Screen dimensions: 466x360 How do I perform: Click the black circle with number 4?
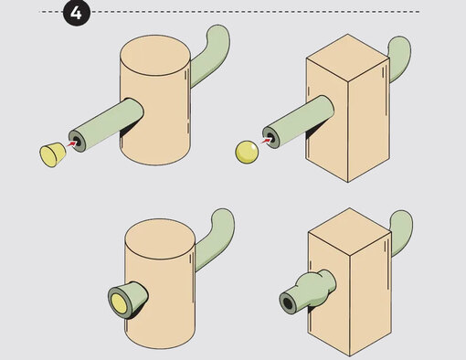tap(77, 13)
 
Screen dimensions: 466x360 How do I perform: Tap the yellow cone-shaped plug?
tap(53, 154)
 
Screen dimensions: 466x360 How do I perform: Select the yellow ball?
tap(247, 152)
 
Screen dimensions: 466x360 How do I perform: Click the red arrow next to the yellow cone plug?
tap(72, 143)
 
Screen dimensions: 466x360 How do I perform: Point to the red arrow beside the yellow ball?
tap(266, 141)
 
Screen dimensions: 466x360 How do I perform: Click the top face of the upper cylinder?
tap(155, 55)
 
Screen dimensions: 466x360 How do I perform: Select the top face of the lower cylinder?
tap(160, 239)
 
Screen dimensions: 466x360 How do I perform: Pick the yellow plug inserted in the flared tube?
tap(118, 304)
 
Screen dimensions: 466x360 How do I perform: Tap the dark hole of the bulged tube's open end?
tap(287, 302)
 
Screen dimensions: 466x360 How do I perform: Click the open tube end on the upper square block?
tap(270, 138)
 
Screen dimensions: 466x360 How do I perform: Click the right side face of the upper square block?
tap(369, 120)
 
